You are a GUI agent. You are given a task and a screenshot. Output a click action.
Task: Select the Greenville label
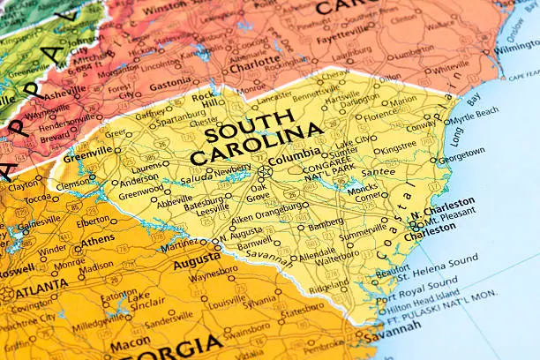tap(87, 151)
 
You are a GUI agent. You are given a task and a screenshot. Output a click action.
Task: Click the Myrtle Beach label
tap(473, 114)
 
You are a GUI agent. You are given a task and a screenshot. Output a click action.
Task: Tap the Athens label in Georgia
tap(97, 238)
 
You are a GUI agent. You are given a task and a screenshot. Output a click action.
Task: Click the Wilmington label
tap(515, 46)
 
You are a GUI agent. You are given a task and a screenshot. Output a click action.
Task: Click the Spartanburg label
tap(183, 116)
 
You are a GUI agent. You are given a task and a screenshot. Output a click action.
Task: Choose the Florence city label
tap(380, 115)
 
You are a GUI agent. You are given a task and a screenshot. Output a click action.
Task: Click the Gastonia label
tap(169, 86)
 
